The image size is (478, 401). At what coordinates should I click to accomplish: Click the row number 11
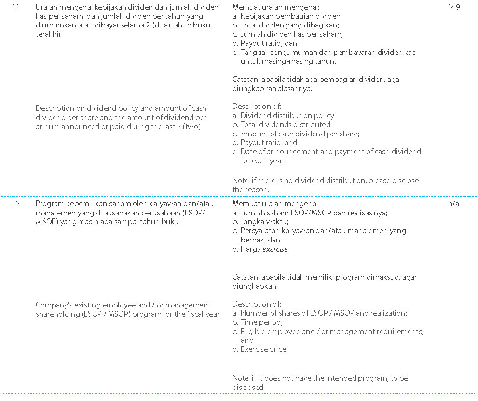tap(15, 8)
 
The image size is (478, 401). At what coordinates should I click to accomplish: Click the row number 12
tap(15, 204)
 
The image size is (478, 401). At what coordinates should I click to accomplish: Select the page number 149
tap(453, 8)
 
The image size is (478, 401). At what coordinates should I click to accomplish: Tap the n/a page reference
tap(453, 204)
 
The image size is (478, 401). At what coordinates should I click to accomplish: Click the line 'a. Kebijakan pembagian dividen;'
tap(287, 16)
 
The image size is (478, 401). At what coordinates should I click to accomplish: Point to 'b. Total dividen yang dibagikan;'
tap(286, 25)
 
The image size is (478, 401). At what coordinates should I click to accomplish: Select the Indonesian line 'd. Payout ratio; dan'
tap(265, 43)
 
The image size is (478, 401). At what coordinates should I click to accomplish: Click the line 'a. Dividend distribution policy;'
tap(284, 116)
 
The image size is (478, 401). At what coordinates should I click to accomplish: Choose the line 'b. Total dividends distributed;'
tap(282, 125)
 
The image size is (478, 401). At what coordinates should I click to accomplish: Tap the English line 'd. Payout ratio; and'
tap(265, 143)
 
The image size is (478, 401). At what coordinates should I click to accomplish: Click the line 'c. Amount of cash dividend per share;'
tap(296, 134)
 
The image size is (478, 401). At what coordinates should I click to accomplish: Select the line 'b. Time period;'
tap(258, 322)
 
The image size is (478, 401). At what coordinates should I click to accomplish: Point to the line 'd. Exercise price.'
tap(260, 350)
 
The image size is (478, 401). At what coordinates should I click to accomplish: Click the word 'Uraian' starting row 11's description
tap(46, 8)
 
